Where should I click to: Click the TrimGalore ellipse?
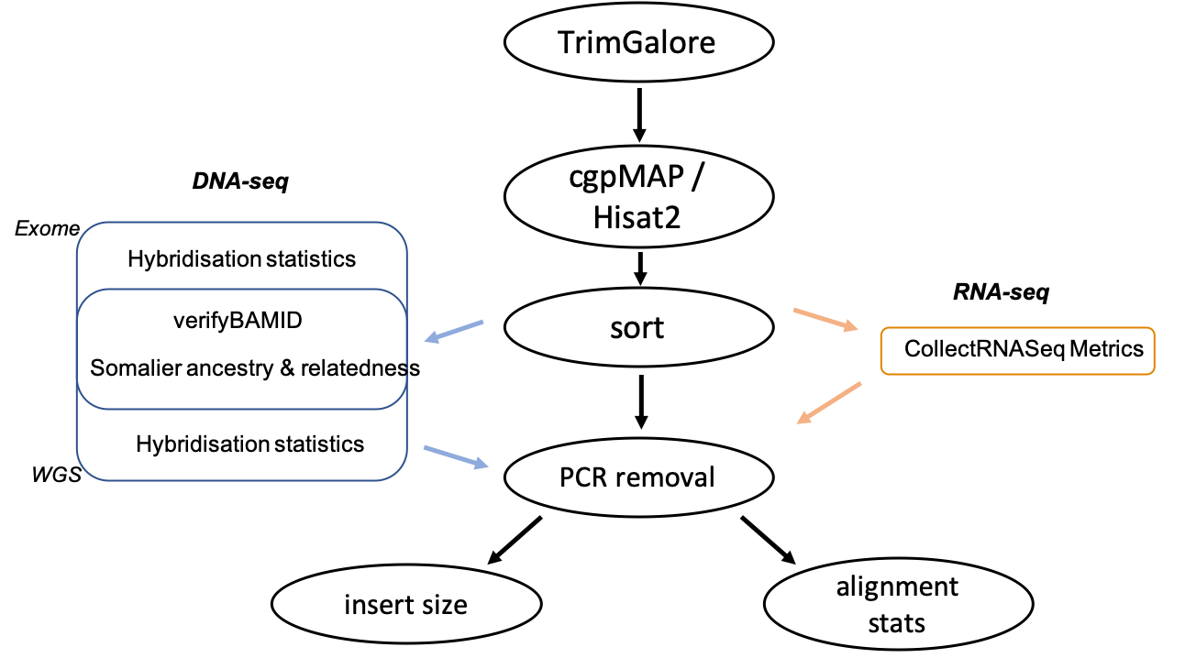pyautogui.click(x=638, y=42)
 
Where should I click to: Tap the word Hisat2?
pyautogui.click(x=637, y=216)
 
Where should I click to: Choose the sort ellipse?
pyautogui.click(x=638, y=328)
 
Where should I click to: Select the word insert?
pyautogui.click(x=375, y=605)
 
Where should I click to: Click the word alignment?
pyautogui.click(x=897, y=587)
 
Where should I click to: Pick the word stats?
pyautogui.click(x=897, y=623)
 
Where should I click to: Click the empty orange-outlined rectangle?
pyautogui.click(x=1017, y=351)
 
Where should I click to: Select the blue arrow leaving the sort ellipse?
pyautogui.click(x=454, y=332)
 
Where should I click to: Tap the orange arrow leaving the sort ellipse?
pyautogui.click(x=825, y=322)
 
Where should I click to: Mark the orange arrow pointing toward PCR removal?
pyautogui.click(x=828, y=403)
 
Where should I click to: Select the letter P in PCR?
pyautogui.click(x=566, y=477)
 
